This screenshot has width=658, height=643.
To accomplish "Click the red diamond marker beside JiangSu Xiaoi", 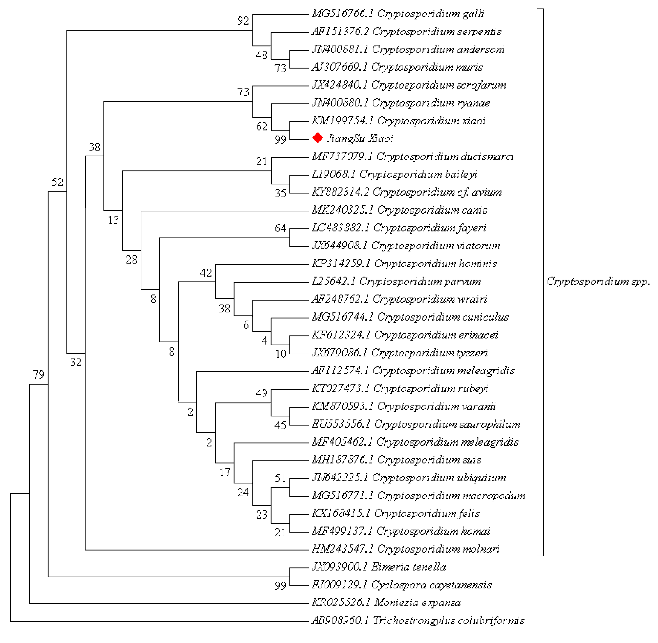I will pos(317,138).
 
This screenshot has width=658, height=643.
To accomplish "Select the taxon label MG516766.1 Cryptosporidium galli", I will pos(397,14).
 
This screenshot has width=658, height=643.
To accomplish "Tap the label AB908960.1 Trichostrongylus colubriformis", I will pos(417,620).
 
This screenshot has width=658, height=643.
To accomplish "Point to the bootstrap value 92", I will pos(243,21).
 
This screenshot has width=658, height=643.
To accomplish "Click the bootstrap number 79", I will pos(39,375).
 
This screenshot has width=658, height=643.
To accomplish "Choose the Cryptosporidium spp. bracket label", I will pos(598,281).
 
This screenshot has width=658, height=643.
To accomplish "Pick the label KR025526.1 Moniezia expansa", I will pos(386,602).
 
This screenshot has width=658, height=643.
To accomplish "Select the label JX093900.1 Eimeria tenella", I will pos(378,567).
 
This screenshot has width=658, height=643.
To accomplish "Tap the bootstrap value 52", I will pos(57,182).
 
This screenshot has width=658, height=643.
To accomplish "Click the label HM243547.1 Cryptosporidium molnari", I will pos(405,549).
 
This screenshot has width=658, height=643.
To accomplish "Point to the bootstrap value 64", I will pos(280,228).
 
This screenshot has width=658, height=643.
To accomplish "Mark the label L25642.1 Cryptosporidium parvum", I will pos(396,281).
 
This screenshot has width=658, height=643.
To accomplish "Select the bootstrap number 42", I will pos(206,273).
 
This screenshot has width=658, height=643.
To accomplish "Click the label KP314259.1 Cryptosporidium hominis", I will pos(404,263).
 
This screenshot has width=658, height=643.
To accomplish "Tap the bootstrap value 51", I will pos(280,478).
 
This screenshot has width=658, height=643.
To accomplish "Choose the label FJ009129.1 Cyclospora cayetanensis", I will pos(401,584).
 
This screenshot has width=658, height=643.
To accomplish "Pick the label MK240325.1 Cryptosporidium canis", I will pos(399,210).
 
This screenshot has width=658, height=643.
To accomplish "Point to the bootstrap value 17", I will pos(224,472).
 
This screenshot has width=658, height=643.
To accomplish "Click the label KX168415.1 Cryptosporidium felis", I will pos(395,513).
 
